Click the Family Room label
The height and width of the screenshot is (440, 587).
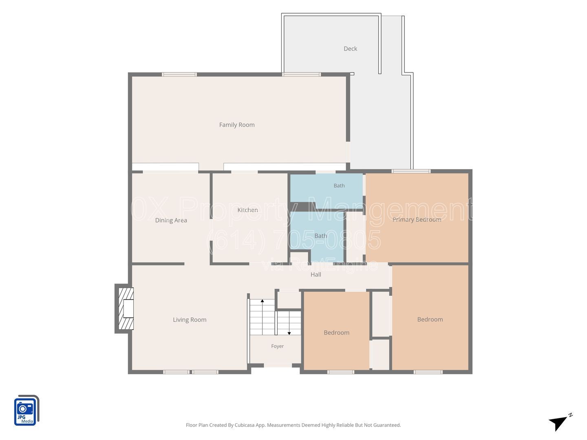[237, 125]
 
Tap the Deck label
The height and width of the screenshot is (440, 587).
[350, 48]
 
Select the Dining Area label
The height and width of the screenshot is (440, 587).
[171, 220]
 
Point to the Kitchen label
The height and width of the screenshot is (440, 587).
[247, 210]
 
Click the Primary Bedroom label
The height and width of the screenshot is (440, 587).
[417, 220]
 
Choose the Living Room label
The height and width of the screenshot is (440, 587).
[190, 320]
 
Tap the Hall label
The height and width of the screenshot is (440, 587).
[316, 275]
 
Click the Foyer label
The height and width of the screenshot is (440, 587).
[277, 346]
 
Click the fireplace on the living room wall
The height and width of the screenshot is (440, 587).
[124, 308]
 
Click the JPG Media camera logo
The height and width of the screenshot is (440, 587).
[26, 410]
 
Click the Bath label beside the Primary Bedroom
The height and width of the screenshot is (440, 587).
[339, 186]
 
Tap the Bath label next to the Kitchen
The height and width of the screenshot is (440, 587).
[321, 236]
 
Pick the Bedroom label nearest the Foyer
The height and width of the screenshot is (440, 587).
[336, 332]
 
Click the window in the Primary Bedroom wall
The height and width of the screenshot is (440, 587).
[411, 171]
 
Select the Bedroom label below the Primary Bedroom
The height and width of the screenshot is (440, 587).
[430, 319]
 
